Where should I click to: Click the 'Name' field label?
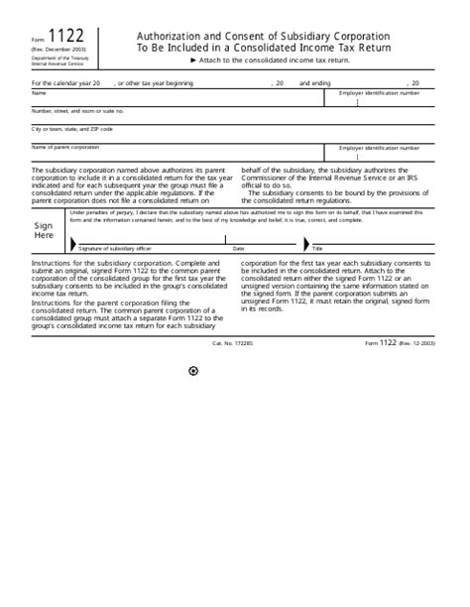point(39,92)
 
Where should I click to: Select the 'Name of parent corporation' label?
point(65,147)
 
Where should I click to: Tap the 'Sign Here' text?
point(44,230)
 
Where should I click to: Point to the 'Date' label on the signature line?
point(238,248)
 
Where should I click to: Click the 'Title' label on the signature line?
point(317,248)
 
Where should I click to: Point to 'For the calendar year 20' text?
point(66,83)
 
